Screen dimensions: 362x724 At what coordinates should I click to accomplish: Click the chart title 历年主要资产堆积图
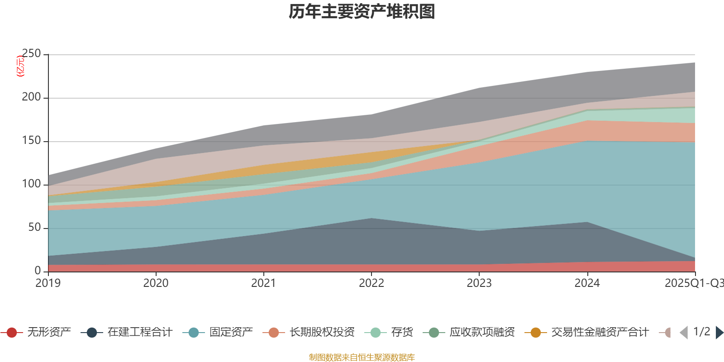(362, 12)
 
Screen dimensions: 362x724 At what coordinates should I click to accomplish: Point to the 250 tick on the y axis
(31, 54)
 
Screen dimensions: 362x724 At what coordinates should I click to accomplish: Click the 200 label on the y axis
(31, 97)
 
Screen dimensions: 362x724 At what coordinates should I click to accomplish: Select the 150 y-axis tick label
(31, 141)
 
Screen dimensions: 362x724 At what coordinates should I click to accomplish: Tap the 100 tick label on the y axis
(31, 184)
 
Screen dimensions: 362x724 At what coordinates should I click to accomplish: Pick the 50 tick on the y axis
(34, 228)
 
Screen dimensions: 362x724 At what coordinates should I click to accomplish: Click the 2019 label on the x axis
(48, 283)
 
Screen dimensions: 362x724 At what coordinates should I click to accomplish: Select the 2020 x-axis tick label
(156, 283)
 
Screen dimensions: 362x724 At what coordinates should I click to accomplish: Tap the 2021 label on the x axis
(263, 283)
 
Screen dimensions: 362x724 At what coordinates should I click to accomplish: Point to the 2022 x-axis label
(371, 283)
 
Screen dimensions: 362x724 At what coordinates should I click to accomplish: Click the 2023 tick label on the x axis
(479, 283)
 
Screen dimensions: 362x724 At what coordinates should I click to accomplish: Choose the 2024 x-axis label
(587, 283)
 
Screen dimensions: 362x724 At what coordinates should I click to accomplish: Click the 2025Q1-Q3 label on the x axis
(693, 283)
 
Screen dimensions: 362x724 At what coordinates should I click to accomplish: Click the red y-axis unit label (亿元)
(20, 67)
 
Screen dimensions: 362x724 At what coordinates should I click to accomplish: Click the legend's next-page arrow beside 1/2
(719, 333)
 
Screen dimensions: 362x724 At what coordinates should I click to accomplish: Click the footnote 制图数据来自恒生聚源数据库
(362, 357)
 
